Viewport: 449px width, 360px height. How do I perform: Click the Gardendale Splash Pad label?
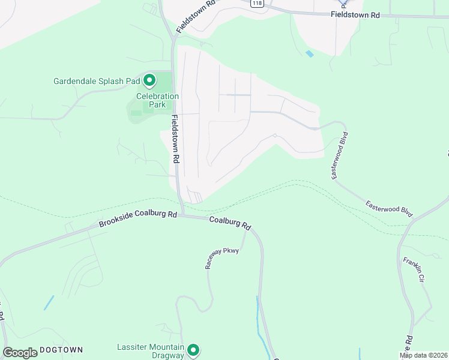96,81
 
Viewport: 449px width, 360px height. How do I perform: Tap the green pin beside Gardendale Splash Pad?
149,80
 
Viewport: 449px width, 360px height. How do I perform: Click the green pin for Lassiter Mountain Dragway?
193,350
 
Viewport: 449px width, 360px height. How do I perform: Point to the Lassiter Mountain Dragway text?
149,351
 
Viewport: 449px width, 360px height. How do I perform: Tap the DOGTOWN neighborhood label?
60,350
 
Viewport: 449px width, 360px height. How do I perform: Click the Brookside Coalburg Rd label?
137,218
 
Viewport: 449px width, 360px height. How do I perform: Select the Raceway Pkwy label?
222,258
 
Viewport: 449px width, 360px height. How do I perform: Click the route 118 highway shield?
258,4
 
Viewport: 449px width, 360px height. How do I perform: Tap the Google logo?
20,353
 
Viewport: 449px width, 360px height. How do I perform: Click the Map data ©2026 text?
423,355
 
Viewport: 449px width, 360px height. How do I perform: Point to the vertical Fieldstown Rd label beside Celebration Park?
176,139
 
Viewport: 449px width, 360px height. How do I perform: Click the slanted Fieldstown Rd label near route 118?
196,16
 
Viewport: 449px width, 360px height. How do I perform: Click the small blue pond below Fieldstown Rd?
309,54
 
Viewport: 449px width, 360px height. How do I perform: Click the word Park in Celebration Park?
157,104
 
